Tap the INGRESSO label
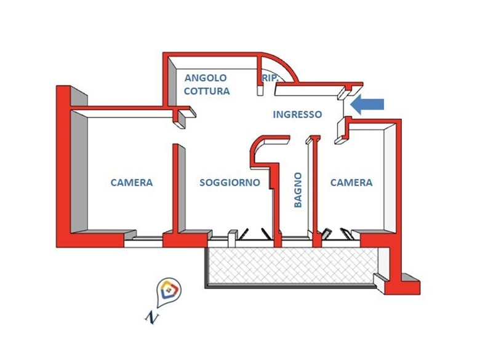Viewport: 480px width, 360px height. pos(297,114)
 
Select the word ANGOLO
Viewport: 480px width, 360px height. pos(206,78)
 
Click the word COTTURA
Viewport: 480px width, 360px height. pos(207,91)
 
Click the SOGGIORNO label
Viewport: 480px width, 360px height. pos(230,183)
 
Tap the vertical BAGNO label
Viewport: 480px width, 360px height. pos(298,190)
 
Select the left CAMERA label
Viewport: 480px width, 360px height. pos(132,183)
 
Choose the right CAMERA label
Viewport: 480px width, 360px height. pos(351,183)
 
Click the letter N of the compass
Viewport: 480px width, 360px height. pos(150,316)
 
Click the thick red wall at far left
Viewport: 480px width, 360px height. pos(63,166)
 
